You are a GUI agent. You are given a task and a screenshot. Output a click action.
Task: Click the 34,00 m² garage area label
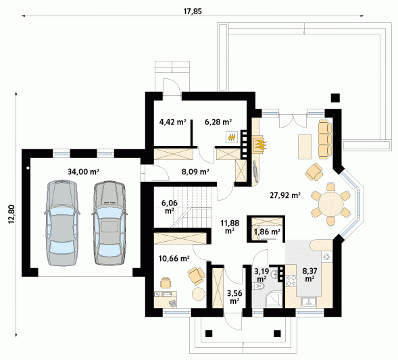coord(83,172)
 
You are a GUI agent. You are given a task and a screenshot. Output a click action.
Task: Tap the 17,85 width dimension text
coord(193,11)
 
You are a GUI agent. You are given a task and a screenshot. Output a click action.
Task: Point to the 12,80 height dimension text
coord(12,214)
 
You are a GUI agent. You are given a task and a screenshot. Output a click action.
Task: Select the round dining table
coord(331,203)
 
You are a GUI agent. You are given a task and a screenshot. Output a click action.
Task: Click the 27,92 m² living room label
coord(285,195)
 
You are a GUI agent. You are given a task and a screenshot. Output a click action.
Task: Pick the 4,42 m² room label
coord(172,122)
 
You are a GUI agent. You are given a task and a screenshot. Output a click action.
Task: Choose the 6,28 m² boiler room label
coord(218,122)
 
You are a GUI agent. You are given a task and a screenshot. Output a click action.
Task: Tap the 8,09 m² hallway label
coord(195,172)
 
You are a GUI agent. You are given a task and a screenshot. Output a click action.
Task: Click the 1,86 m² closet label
coord(267,232)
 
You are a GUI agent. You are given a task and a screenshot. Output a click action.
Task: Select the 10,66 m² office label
coord(174,259)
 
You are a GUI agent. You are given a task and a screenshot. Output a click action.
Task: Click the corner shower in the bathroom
coord(274,299)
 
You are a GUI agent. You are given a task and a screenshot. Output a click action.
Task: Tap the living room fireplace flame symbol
coord(261,145)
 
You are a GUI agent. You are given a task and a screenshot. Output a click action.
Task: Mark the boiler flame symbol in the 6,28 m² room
coord(232,137)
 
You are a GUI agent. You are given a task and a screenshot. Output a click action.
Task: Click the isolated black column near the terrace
coord(335,98)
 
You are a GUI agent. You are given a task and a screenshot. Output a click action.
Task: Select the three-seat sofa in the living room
coord(325,140)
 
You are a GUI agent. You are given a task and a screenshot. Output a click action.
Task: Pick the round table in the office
coord(198,294)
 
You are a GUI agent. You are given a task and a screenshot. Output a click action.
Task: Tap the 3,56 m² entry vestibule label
coord(234,297)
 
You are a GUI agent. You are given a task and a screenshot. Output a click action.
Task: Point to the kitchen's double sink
coord(309,302)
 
